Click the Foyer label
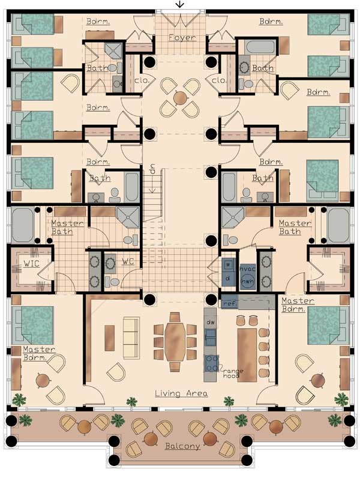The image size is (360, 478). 182,37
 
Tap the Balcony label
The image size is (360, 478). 182,446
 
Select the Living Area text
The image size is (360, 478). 181,393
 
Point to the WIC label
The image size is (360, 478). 31,264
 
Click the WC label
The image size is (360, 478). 128,261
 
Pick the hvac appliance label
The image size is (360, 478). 248,269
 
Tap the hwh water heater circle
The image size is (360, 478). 247,282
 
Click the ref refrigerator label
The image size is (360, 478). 229,303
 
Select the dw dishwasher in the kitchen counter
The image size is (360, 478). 211,322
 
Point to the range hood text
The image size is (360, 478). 233,374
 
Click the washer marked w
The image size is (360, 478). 228,265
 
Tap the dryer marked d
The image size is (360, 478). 228,278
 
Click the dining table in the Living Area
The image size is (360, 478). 175,342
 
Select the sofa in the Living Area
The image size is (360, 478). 131,337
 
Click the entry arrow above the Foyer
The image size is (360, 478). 180,4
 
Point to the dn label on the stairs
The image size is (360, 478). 152,169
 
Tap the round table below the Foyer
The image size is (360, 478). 181,98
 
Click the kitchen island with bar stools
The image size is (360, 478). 247,354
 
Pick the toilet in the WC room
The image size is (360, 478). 112,282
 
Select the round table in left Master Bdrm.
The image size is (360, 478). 43,380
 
